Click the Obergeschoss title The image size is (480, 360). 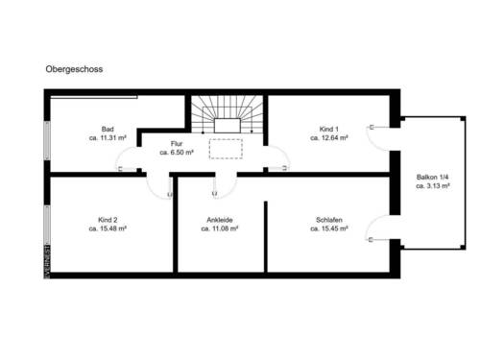click(74, 70)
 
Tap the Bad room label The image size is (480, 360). click(107, 129)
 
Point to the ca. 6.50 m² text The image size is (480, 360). click(178, 153)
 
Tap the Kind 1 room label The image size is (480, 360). click(328, 129)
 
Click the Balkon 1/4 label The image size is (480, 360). click(435, 178)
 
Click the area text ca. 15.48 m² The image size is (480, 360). click(108, 228)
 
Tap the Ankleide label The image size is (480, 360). click(219, 220)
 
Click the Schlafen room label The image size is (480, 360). click(328, 220)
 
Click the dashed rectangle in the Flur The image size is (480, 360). click(228, 149)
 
